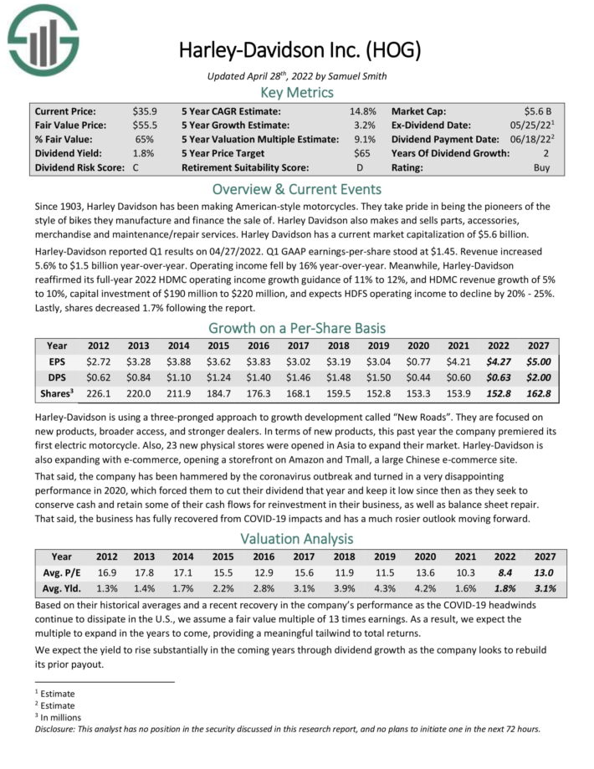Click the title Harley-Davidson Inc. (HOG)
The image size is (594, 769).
click(300, 51)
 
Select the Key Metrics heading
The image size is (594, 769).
click(297, 92)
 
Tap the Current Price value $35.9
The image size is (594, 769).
click(146, 111)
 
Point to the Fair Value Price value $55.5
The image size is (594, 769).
click(146, 126)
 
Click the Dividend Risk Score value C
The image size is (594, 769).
click(136, 168)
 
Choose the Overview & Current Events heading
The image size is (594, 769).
click(297, 188)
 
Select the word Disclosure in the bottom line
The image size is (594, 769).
click(54, 729)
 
